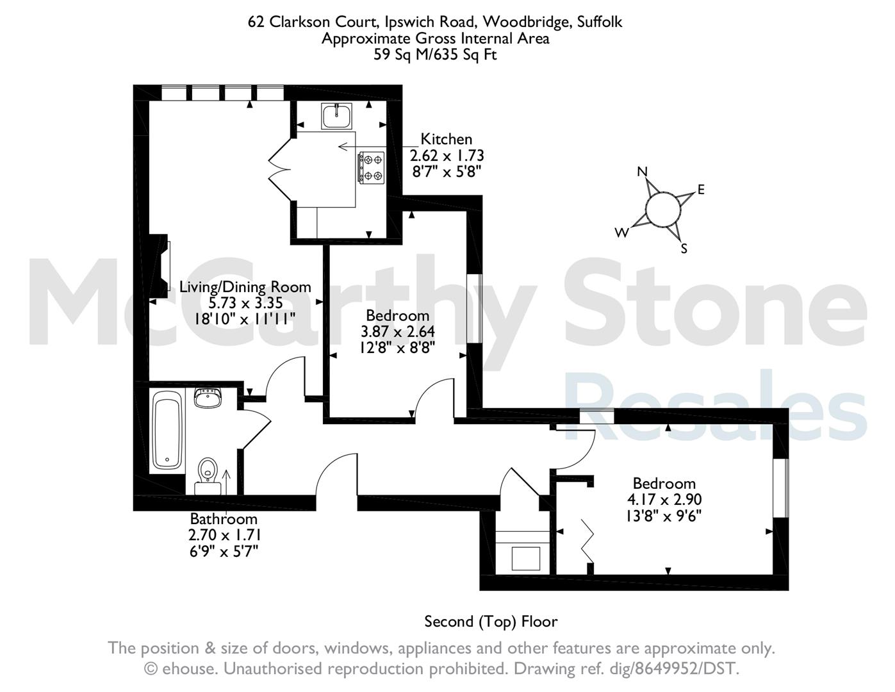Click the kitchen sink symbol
(x=337, y=116)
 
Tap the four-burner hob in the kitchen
(x=372, y=167)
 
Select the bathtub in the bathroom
(x=167, y=430)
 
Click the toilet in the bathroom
(x=208, y=476)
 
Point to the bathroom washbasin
(x=208, y=398)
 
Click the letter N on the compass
(x=642, y=171)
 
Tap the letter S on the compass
(x=684, y=249)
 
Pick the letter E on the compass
(x=701, y=189)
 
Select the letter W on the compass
(x=622, y=233)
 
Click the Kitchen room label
(x=446, y=139)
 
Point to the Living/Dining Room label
(x=245, y=286)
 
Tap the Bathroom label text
(x=224, y=518)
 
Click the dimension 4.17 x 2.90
(x=664, y=499)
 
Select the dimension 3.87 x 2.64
(x=397, y=332)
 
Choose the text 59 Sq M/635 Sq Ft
(x=435, y=54)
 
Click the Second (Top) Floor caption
(x=491, y=621)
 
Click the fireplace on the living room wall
(x=159, y=266)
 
